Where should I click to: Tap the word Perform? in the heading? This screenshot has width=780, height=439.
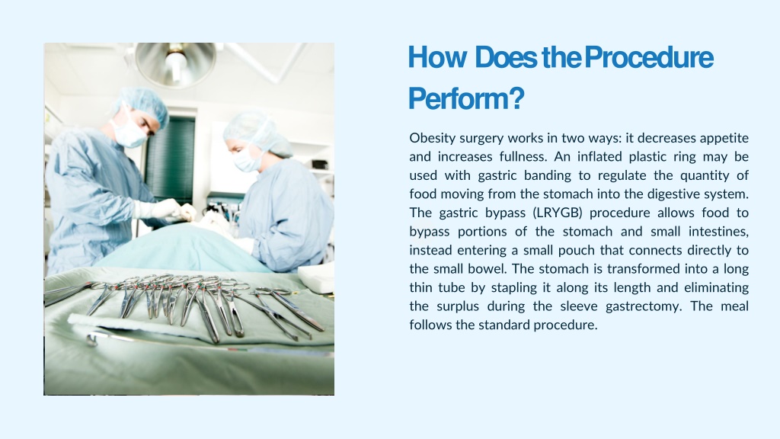[x=466, y=98]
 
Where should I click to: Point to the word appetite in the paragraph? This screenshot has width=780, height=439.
[x=722, y=138]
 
